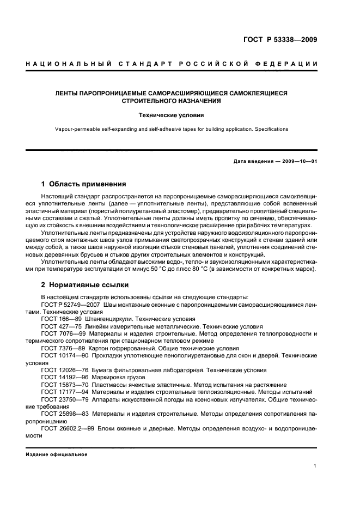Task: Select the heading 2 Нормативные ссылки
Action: coord(84,285)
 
